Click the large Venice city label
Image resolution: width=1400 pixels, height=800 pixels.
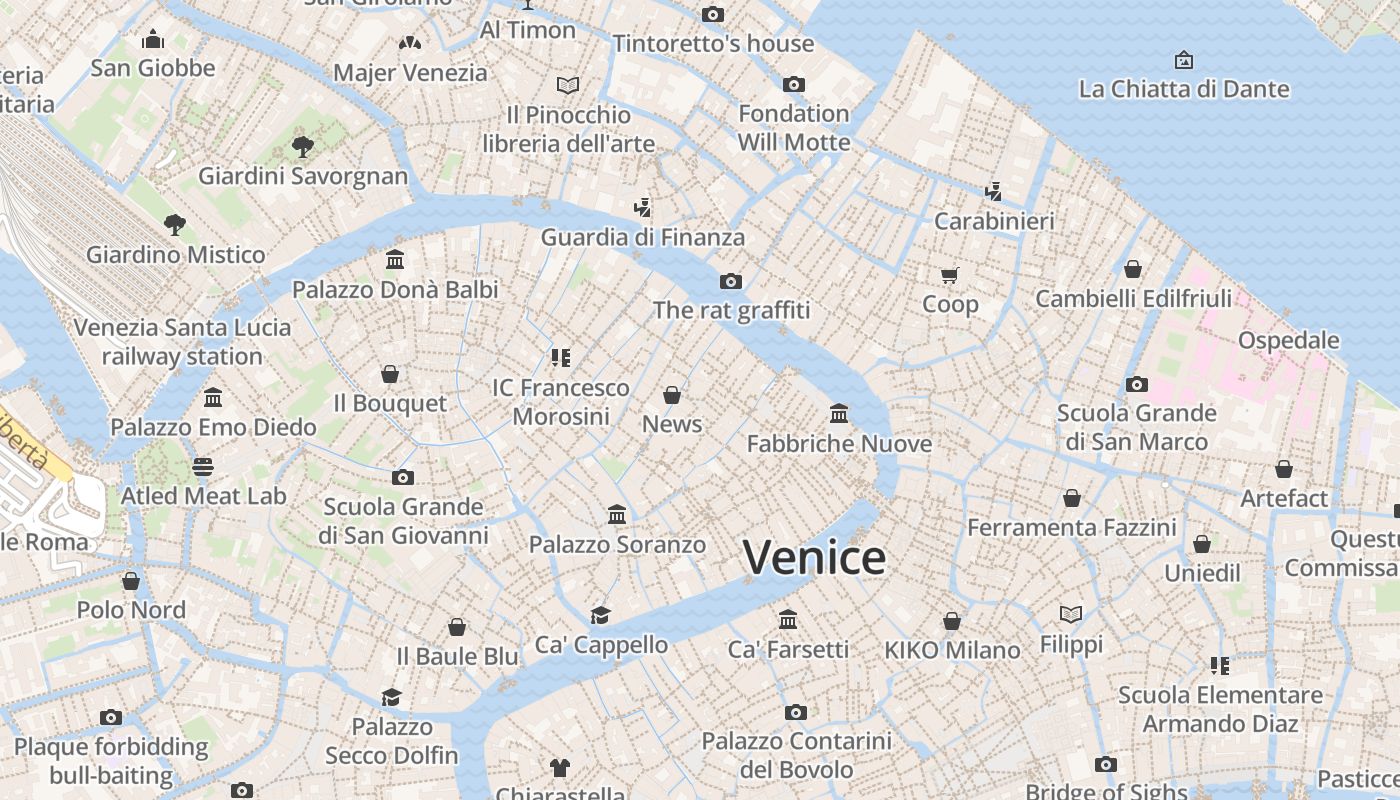814,557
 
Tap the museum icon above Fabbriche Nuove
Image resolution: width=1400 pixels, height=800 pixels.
839,414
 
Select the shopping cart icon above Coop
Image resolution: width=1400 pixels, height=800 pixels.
949,275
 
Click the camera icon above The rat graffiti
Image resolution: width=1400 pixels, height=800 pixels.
731,281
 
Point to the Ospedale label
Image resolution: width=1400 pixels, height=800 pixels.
1288,340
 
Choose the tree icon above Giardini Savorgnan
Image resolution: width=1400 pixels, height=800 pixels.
302,147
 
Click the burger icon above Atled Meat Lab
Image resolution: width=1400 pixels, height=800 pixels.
203,467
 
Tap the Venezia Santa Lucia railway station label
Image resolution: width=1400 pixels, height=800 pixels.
182,342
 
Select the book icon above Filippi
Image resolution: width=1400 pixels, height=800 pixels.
1071,615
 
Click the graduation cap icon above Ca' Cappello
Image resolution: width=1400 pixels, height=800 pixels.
600,615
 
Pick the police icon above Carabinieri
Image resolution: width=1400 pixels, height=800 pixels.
993,191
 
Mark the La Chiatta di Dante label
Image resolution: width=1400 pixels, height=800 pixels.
1184,89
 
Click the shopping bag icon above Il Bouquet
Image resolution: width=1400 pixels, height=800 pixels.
390,374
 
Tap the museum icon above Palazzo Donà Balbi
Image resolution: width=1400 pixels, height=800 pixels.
395,260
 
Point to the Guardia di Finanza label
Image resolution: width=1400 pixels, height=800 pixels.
643,237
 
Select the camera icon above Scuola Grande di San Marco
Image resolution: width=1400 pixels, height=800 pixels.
1136,384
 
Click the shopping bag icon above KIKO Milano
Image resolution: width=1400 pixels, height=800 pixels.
952,621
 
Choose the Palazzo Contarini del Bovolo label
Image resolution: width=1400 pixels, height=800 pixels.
796,755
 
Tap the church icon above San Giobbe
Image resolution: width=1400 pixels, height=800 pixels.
153,39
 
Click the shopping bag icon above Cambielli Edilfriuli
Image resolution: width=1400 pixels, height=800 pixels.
1133,269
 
